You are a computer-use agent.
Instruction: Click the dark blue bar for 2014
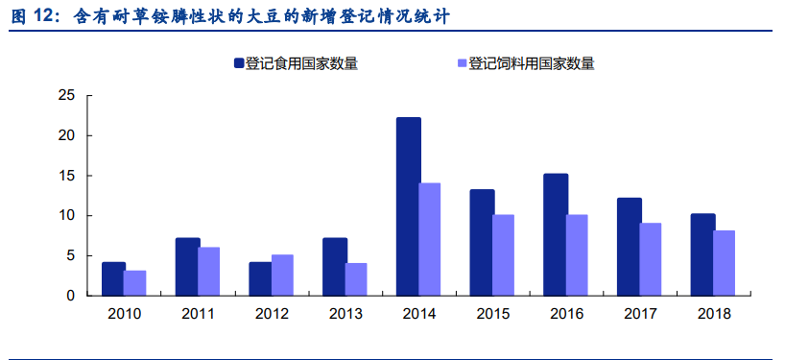point(408,206)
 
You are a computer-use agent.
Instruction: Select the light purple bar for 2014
point(430,239)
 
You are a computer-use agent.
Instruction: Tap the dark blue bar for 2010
point(113,278)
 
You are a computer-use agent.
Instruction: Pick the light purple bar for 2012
point(283,275)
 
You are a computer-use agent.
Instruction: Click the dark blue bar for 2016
point(556,234)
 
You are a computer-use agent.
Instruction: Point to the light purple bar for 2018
point(725,263)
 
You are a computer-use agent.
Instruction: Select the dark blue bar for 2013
point(334,267)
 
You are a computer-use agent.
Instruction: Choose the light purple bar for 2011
point(209,271)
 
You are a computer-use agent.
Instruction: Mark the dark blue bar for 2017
point(629,247)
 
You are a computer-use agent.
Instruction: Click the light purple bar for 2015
point(504,254)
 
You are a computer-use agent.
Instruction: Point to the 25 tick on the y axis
point(67,96)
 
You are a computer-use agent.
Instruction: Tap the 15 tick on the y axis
point(67,176)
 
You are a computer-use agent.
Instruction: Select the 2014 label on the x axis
point(419,314)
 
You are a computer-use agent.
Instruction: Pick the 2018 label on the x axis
point(713,314)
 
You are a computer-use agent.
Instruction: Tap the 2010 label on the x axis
point(125,314)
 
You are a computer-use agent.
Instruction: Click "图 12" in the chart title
point(35,16)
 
